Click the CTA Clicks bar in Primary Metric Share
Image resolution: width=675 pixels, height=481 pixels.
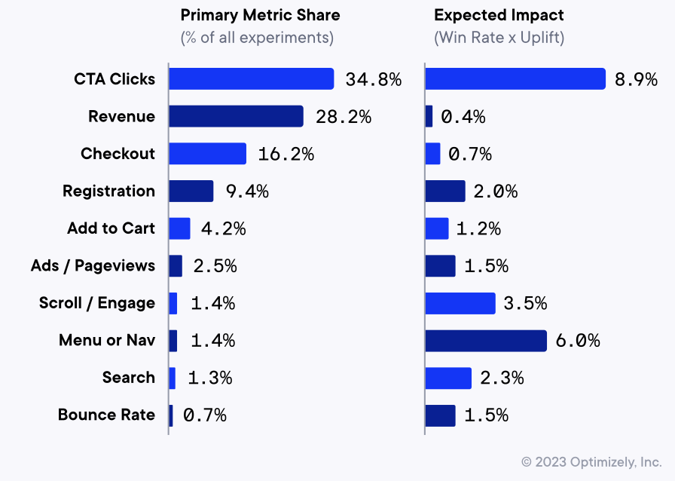click(251, 79)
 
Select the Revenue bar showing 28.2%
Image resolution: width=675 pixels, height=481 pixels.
click(236, 116)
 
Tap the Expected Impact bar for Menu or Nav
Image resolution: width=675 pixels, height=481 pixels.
click(486, 341)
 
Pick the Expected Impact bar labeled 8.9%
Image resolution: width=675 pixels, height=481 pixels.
click(515, 79)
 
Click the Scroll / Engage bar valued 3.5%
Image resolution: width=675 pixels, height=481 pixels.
click(460, 303)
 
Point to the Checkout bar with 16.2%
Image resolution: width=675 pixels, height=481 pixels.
click(207, 154)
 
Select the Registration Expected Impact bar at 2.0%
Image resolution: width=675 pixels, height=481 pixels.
click(445, 191)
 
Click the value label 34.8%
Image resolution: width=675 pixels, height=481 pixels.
click(374, 79)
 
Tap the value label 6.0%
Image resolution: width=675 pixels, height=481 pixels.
click(578, 341)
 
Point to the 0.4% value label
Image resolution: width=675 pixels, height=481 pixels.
click(463, 117)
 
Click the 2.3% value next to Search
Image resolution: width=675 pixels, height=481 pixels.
click(501, 378)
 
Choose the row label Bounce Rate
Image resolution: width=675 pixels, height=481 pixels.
click(106, 415)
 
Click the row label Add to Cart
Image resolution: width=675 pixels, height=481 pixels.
click(111, 228)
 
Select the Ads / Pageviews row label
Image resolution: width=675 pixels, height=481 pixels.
click(93, 265)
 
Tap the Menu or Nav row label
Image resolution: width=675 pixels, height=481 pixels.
click(107, 341)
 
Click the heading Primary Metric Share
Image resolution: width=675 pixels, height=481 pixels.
click(260, 15)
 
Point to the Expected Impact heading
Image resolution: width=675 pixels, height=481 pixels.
click(499, 15)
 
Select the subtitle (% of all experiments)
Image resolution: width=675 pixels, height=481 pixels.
click(257, 37)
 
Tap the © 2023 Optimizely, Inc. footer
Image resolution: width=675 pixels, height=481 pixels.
click(591, 461)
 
